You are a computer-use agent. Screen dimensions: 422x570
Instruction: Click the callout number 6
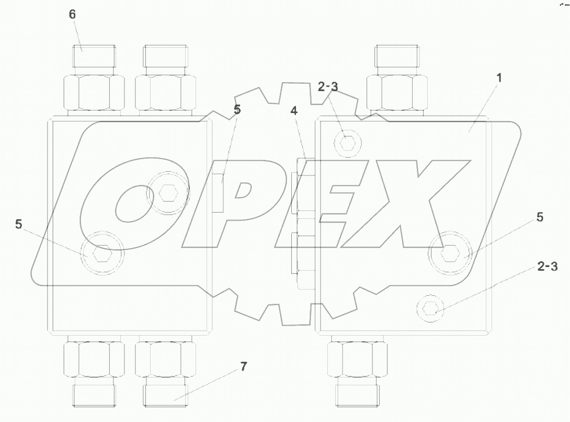point(72,15)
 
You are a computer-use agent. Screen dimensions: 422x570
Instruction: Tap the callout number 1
point(499,78)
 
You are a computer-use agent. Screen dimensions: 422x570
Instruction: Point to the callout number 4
point(294,111)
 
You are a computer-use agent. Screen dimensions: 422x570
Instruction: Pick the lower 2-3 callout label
point(547,267)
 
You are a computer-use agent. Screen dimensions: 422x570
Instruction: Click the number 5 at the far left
point(19,224)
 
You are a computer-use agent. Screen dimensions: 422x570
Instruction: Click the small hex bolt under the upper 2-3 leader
point(347,142)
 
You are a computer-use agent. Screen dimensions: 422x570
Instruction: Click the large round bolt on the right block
point(450,254)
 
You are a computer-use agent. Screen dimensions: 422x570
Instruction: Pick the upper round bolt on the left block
point(167,193)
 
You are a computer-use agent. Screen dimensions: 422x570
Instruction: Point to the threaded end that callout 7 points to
point(165,393)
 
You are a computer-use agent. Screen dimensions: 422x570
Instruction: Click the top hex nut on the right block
point(396,91)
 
